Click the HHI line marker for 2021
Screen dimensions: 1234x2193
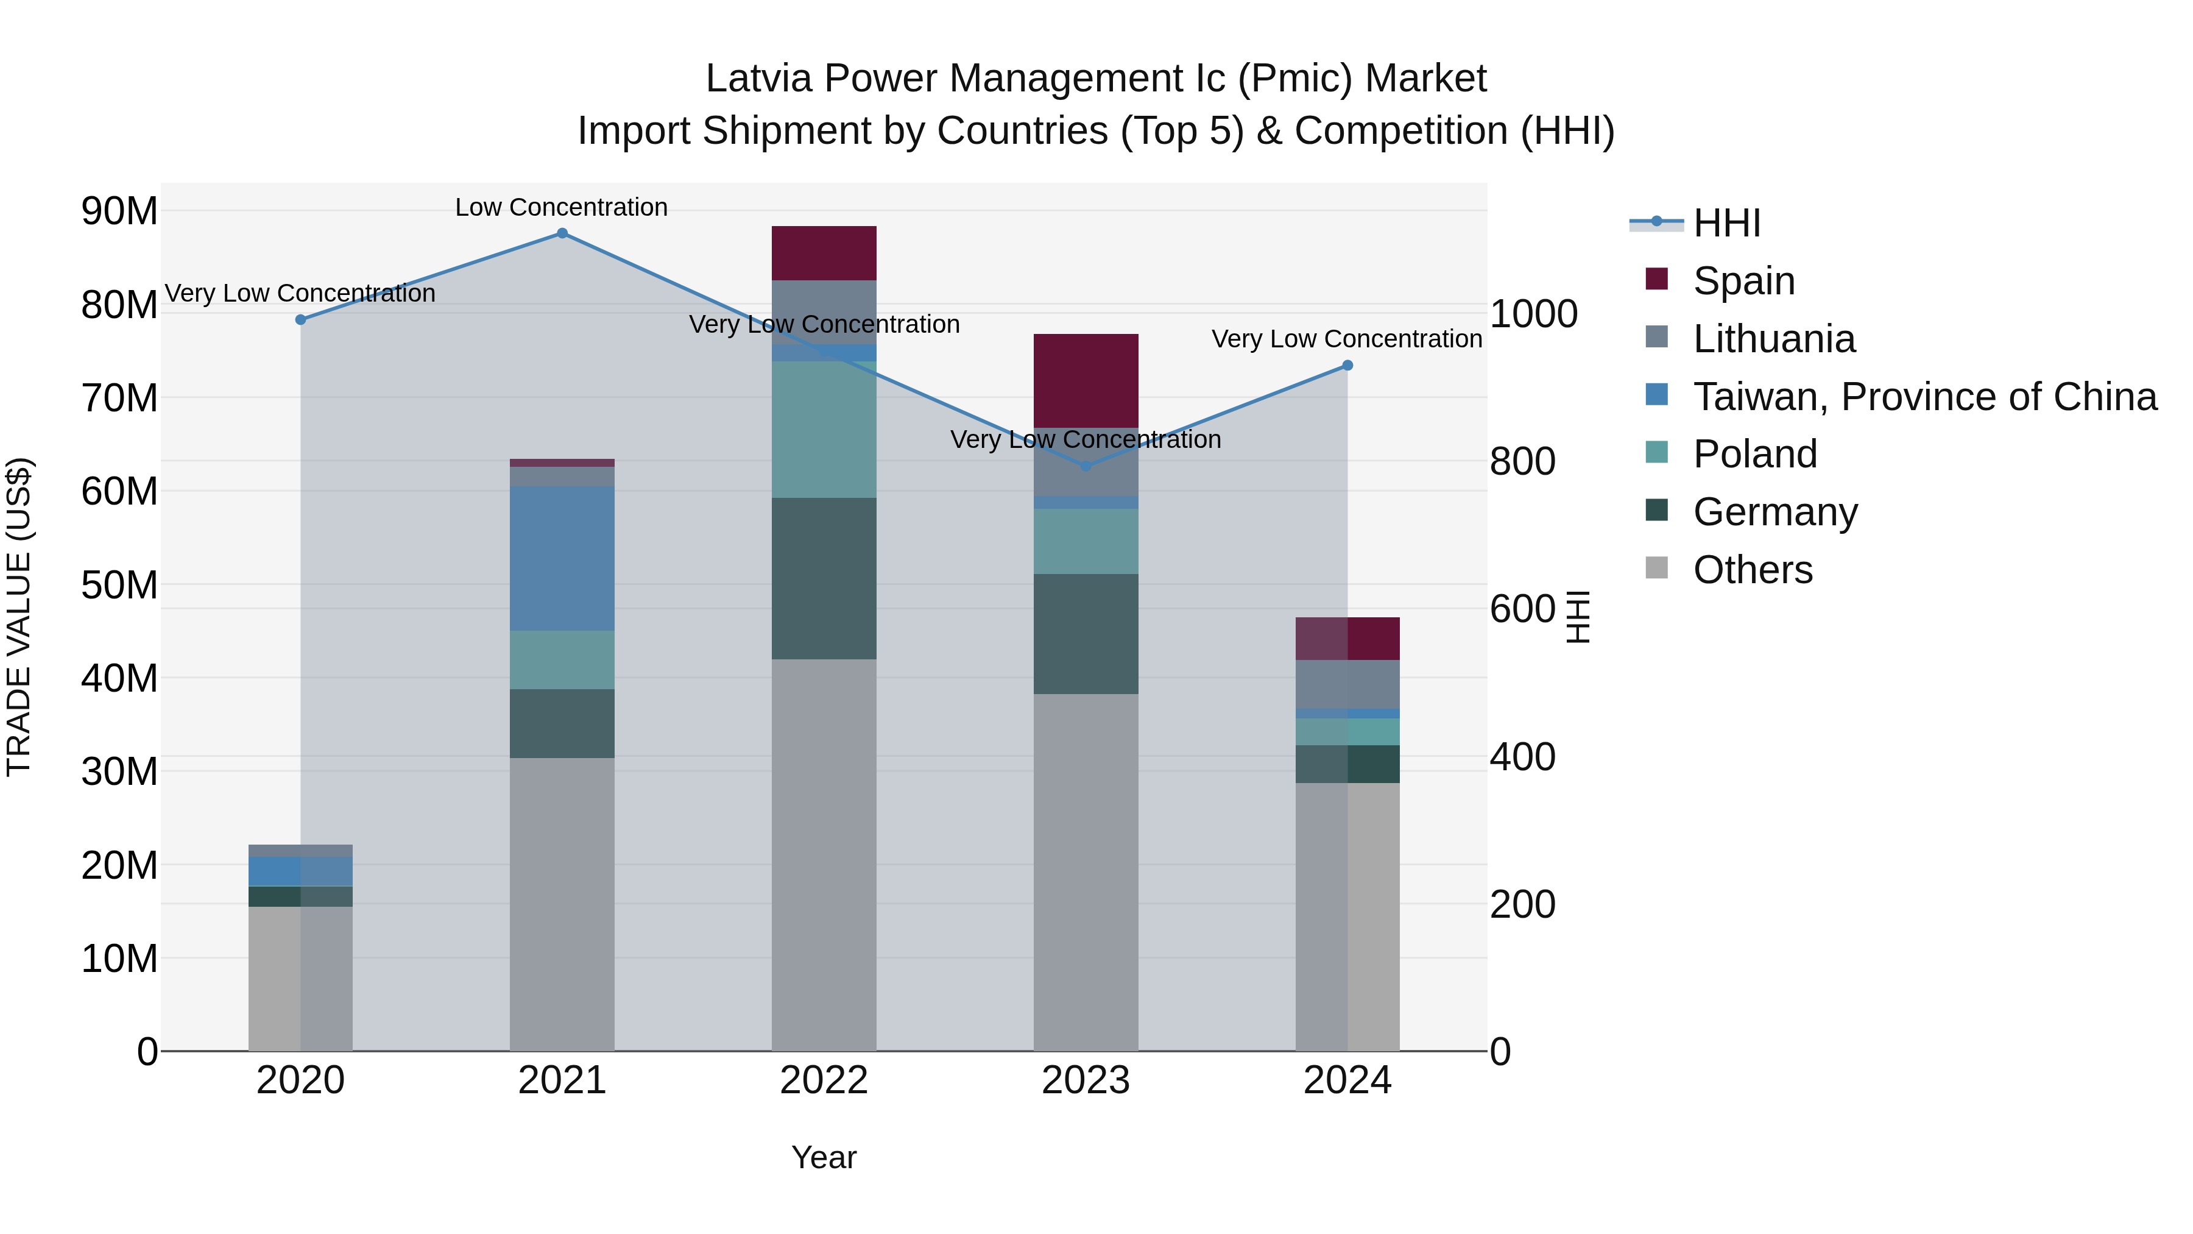562,233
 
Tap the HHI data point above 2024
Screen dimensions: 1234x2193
1347,366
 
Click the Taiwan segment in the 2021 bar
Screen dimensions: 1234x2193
562,558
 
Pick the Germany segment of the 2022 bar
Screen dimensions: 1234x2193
823,578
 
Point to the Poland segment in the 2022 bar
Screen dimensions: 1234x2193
823,429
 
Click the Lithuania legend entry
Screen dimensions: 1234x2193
1773,339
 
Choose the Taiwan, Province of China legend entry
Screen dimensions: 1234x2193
1924,397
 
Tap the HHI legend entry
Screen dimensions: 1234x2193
1726,223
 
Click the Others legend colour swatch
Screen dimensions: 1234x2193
1657,568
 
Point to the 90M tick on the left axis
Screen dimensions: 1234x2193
119,210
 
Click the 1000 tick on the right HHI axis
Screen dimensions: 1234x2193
1533,313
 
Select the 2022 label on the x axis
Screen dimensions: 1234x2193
823,1080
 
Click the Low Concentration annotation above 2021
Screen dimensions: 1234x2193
561,207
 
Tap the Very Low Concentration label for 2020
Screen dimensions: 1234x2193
300,293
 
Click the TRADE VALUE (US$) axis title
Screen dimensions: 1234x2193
19,617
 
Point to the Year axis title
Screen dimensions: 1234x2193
823,1157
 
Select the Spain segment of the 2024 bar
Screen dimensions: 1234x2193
1347,639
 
